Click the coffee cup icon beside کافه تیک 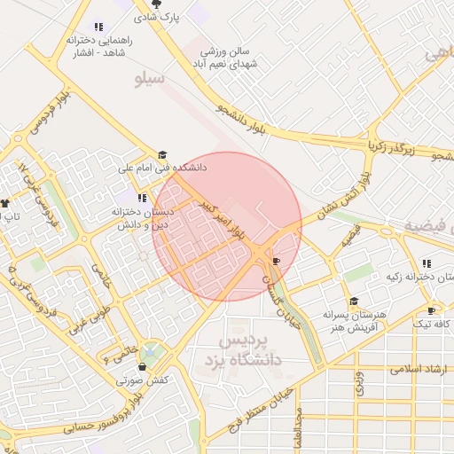point(432,311)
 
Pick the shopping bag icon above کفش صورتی point(141,367)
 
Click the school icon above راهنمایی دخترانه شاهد point(98,27)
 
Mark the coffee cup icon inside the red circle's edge point(277,261)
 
